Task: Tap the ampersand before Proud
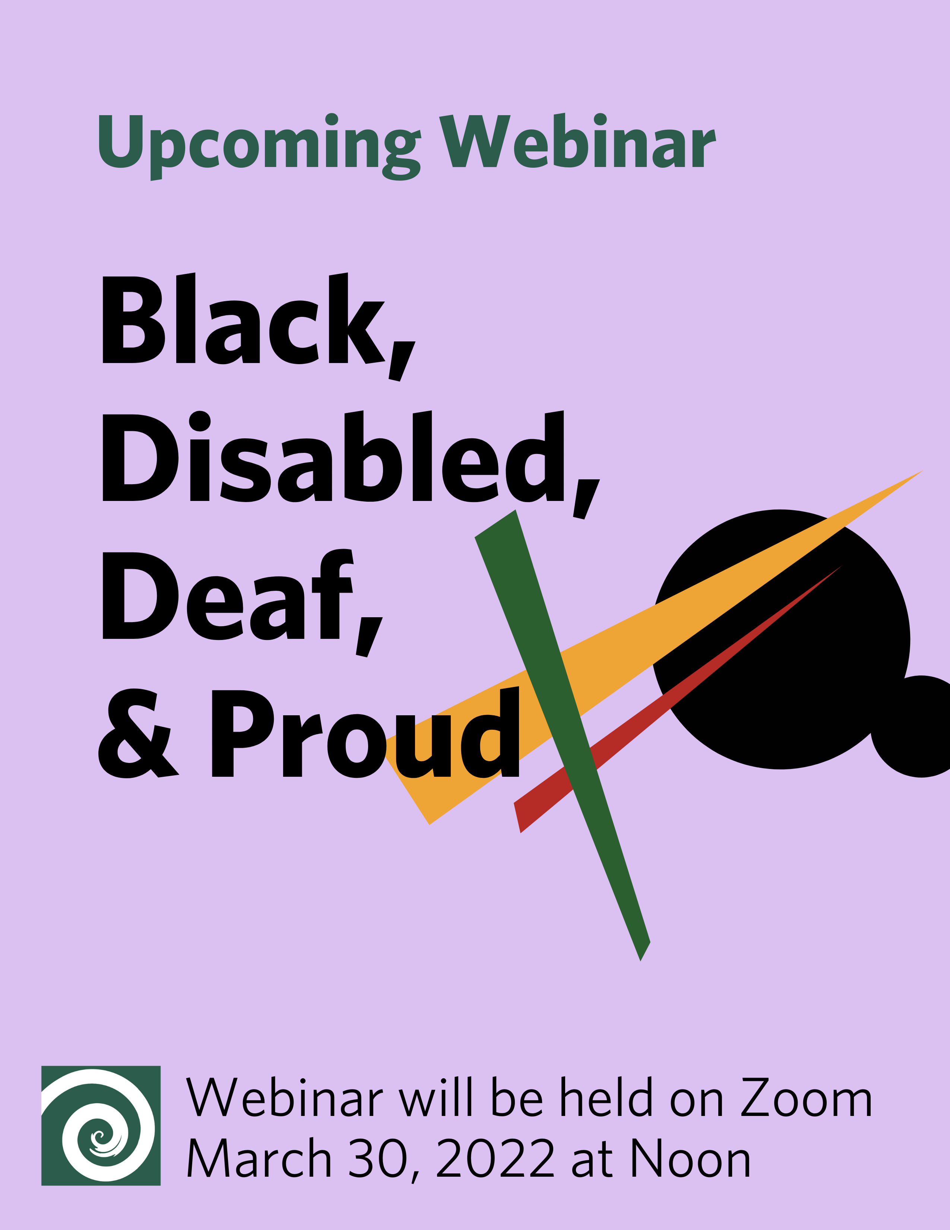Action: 139,733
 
